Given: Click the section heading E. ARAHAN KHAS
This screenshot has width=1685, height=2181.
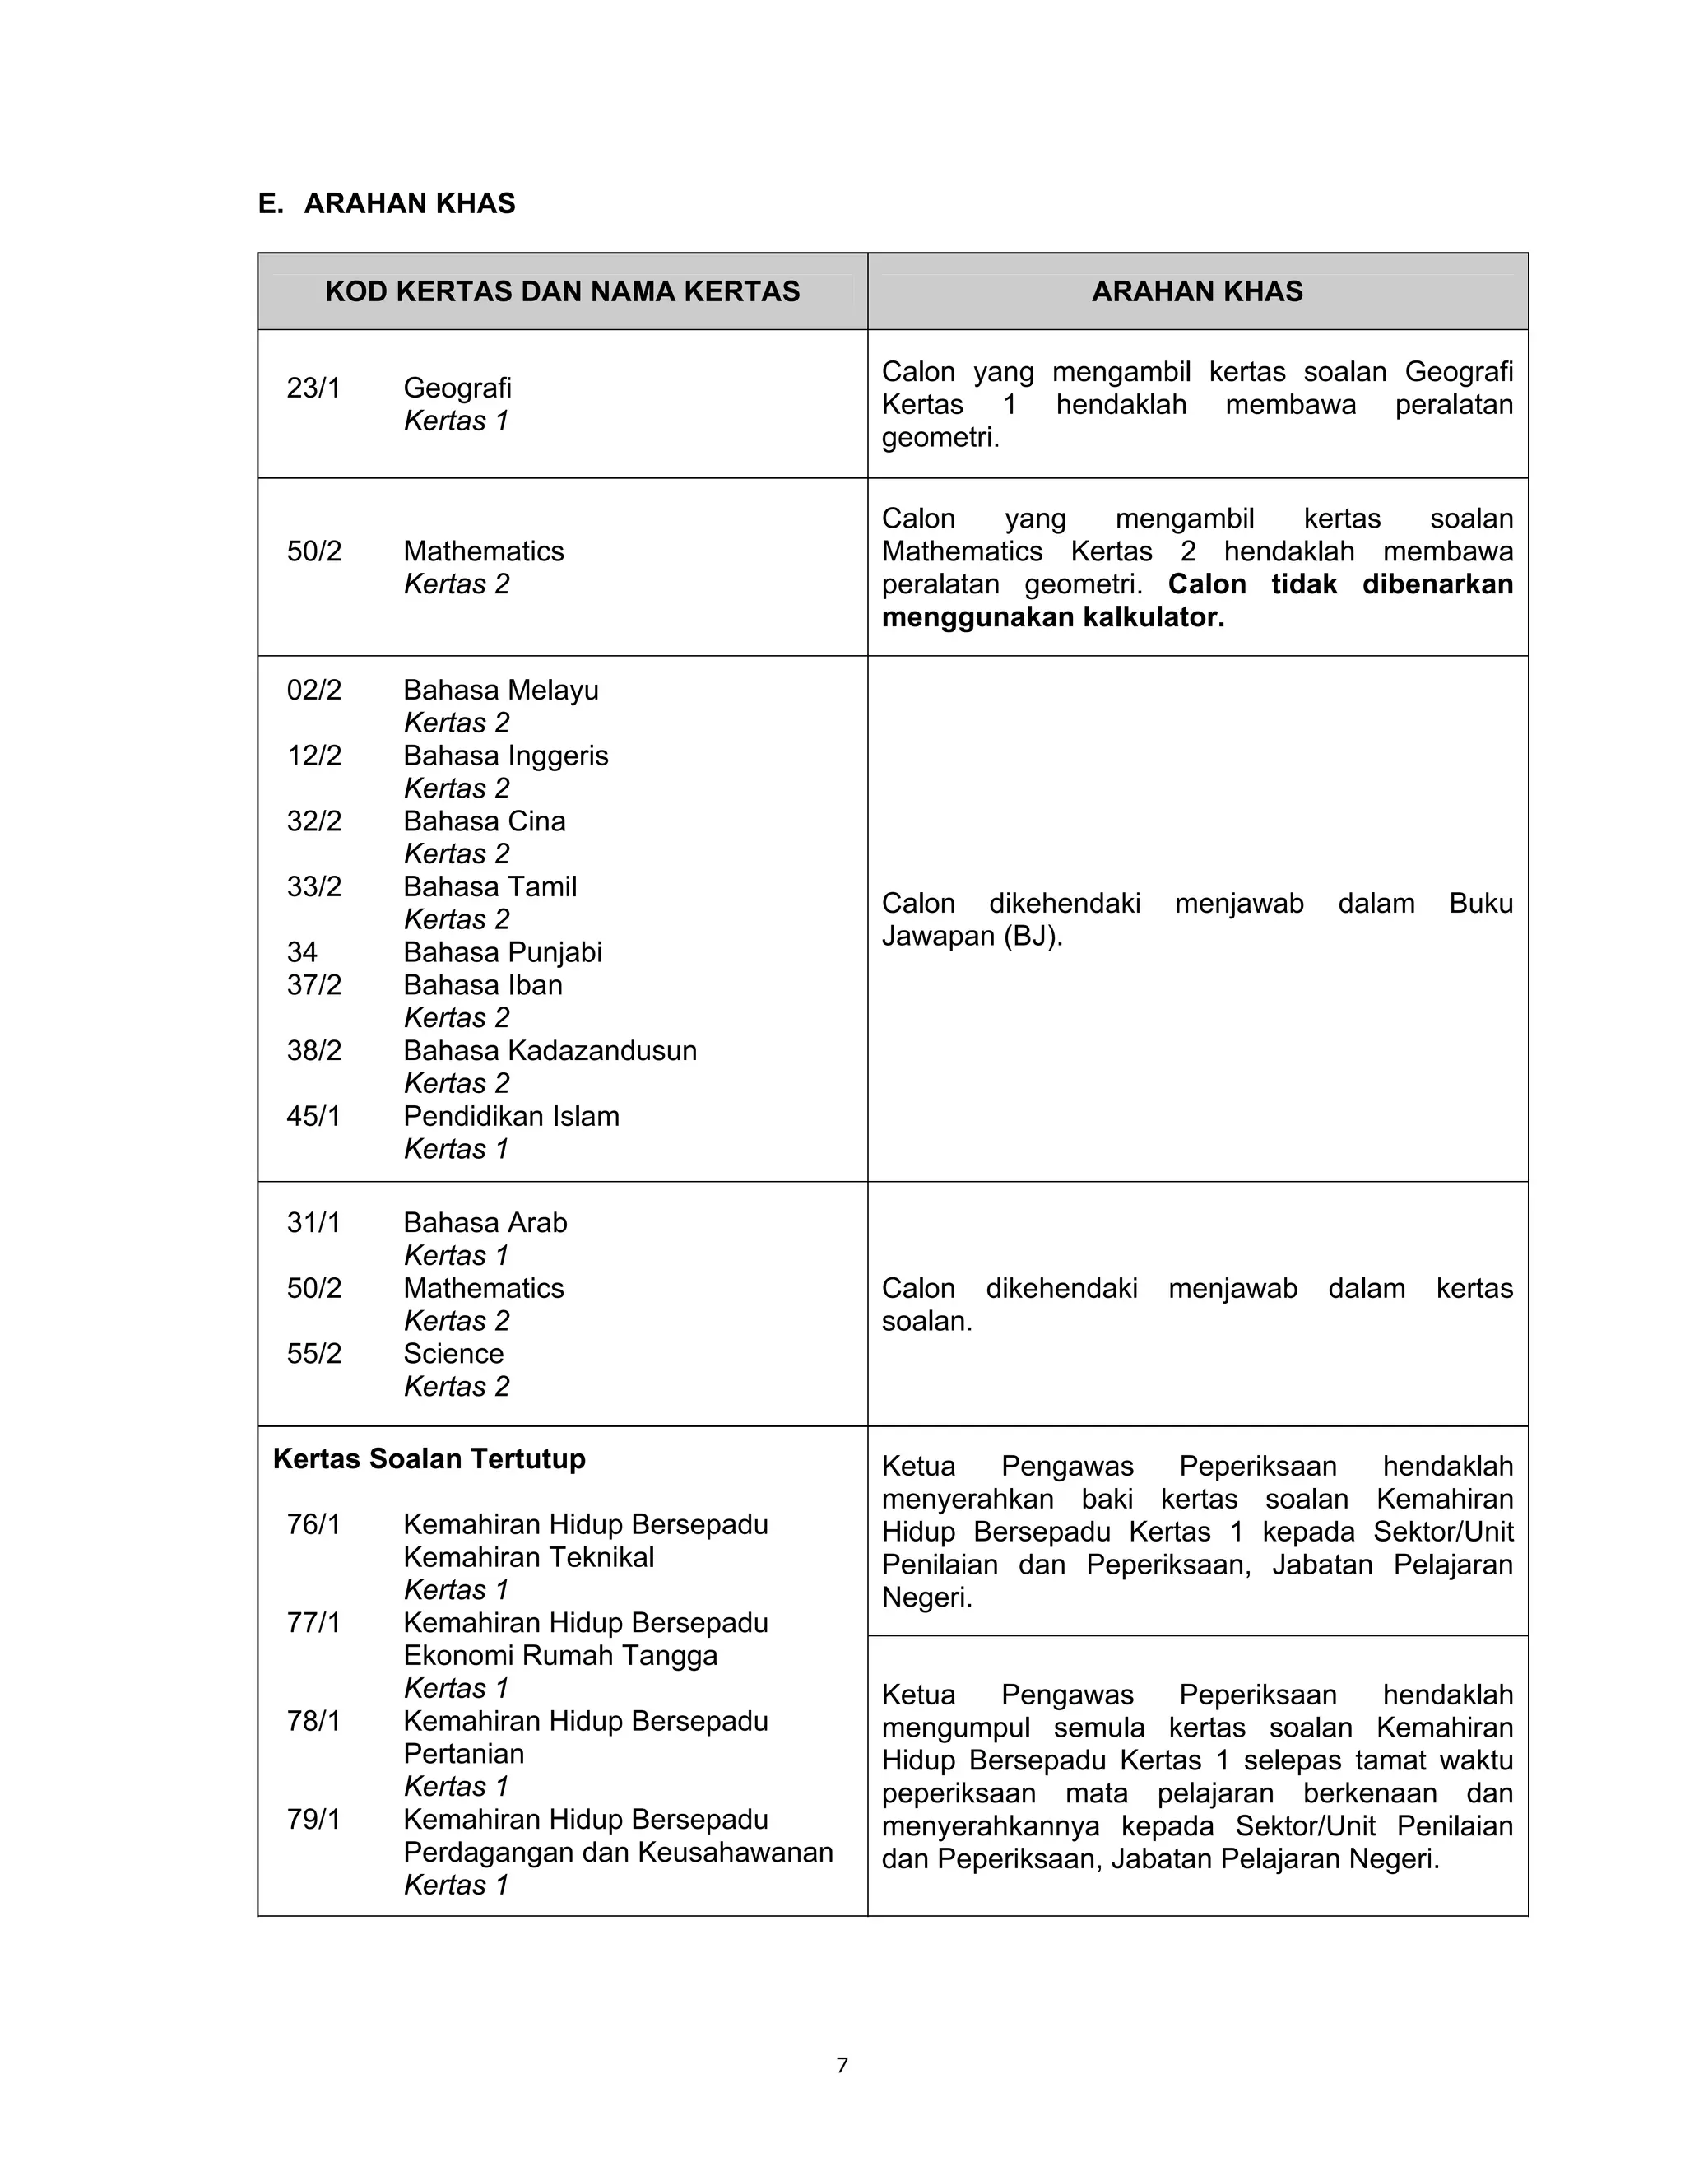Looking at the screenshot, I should (x=387, y=204).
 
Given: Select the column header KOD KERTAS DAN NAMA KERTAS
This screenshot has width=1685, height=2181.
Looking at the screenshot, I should (x=562, y=291).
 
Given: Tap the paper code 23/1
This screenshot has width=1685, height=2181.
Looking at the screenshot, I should (x=313, y=388).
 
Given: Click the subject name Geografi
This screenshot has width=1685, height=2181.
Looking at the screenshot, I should (x=457, y=388).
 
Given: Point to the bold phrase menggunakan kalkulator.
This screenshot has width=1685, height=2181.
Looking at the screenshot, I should (x=1052, y=617).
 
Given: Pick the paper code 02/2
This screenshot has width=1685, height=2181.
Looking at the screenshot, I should (x=313, y=690).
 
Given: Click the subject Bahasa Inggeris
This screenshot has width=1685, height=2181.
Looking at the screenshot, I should (x=505, y=756).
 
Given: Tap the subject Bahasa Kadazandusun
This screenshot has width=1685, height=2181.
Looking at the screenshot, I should (x=550, y=1050).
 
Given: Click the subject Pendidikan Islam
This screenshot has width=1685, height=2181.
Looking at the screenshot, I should (x=511, y=1117).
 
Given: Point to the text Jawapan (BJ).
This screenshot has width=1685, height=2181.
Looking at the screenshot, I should (x=972, y=937).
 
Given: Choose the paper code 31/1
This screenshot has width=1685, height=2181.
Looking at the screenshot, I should (x=313, y=1223).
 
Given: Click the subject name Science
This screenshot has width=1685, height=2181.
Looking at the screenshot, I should (x=453, y=1354).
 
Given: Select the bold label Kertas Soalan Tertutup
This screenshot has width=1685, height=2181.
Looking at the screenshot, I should (x=429, y=1459).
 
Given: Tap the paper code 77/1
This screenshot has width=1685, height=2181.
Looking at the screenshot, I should (x=313, y=1623).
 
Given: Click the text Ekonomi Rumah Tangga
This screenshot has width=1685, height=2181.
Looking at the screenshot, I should (x=560, y=1656).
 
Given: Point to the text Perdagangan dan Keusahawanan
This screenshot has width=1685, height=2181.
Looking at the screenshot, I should (x=618, y=1853).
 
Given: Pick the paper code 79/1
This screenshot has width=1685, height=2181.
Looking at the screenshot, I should (x=313, y=1820).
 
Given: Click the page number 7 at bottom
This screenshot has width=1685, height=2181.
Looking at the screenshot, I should (x=842, y=2065).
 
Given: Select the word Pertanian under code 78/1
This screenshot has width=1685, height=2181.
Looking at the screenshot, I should (x=463, y=1754).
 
